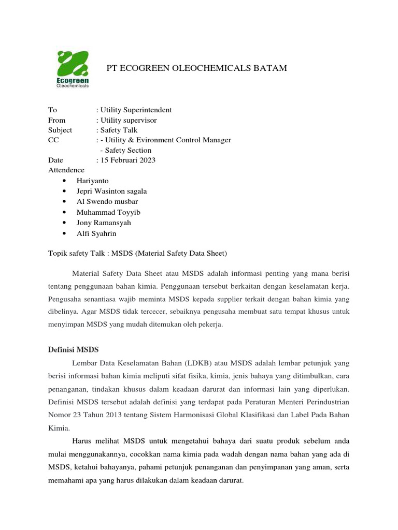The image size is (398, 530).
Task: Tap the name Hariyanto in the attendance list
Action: point(93,181)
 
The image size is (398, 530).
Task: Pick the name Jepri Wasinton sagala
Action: point(111,191)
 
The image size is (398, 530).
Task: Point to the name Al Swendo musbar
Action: point(107,201)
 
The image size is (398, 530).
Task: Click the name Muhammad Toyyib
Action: point(108,212)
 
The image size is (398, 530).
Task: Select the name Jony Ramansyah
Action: point(104,223)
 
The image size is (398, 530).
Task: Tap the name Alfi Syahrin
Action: point(96,233)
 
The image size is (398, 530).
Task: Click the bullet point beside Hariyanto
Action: point(64,181)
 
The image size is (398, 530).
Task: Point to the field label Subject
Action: point(60,130)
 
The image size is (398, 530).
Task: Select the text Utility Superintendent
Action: point(136,110)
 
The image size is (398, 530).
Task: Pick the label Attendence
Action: point(66,170)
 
